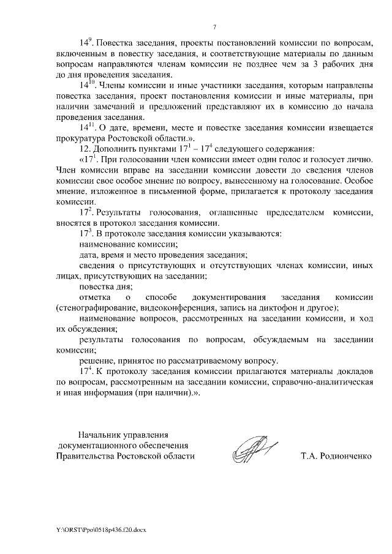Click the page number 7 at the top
(x=215, y=26)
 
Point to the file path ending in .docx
(x=102, y=528)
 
